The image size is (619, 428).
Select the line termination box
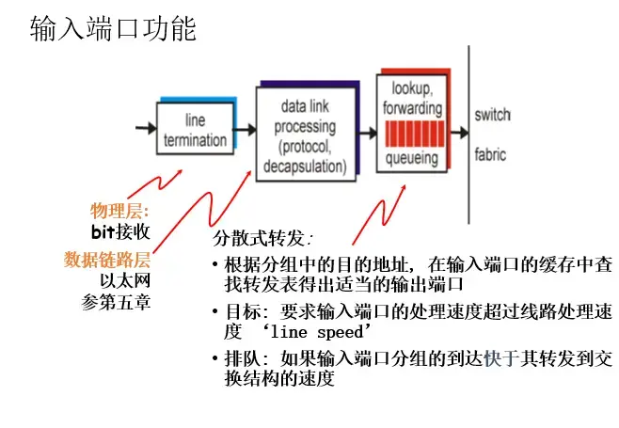click(x=195, y=131)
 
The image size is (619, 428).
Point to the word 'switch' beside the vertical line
click(x=492, y=116)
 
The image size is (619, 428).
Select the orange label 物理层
click(x=119, y=211)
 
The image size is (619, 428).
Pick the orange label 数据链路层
click(x=106, y=259)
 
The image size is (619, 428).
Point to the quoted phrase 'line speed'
click(x=315, y=332)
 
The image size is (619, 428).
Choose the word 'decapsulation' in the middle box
click(x=307, y=166)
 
